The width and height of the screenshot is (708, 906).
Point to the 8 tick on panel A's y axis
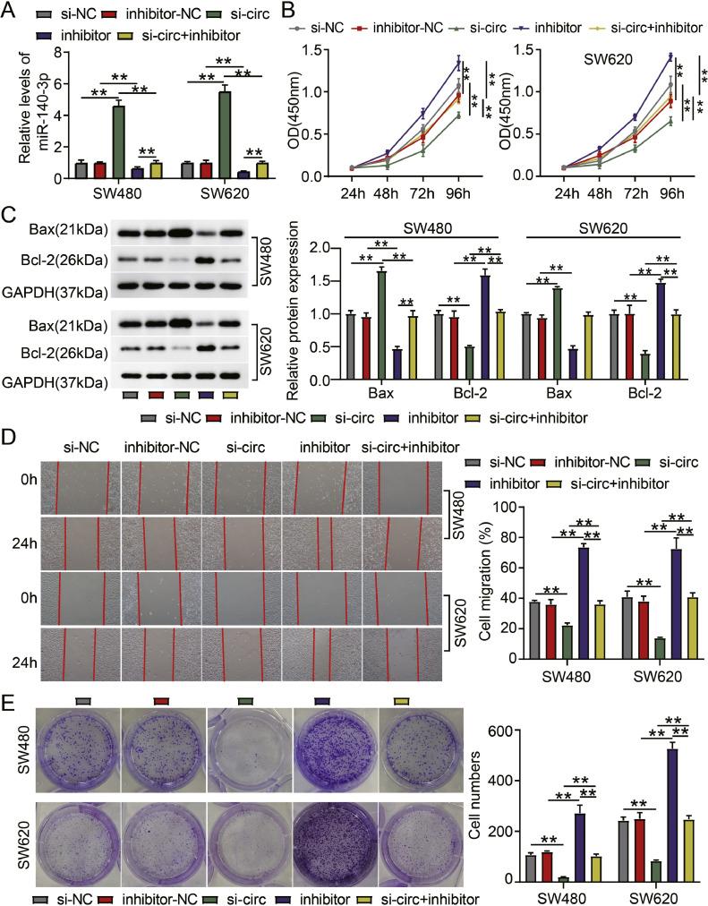(x=60, y=53)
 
